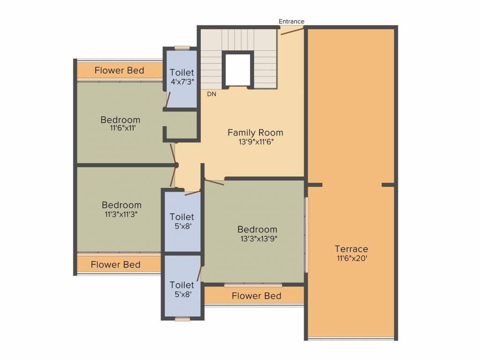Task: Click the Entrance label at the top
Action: (x=292, y=22)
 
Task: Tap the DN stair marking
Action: (x=211, y=94)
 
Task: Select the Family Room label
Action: (x=255, y=133)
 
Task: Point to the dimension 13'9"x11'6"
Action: (x=256, y=142)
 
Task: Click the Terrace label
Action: (x=351, y=249)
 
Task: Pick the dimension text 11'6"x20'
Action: (x=352, y=258)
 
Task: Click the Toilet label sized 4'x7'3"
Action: (x=182, y=73)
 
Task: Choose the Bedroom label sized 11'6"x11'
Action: (x=120, y=120)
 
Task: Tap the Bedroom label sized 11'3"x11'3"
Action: (x=121, y=205)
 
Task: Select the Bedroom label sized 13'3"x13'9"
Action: (x=257, y=229)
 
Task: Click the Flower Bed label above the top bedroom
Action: (x=120, y=70)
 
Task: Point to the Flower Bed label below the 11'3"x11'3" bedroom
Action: (x=116, y=264)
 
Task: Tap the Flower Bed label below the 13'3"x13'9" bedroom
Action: (x=256, y=296)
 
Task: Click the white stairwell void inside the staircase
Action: (x=238, y=70)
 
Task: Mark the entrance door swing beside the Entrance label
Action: (x=292, y=31)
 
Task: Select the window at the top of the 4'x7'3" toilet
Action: (x=182, y=48)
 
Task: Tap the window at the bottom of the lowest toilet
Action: (x=182, y=319)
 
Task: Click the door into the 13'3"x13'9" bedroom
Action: (x=214, y=182)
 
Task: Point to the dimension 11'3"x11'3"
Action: (x=121, y=214)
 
